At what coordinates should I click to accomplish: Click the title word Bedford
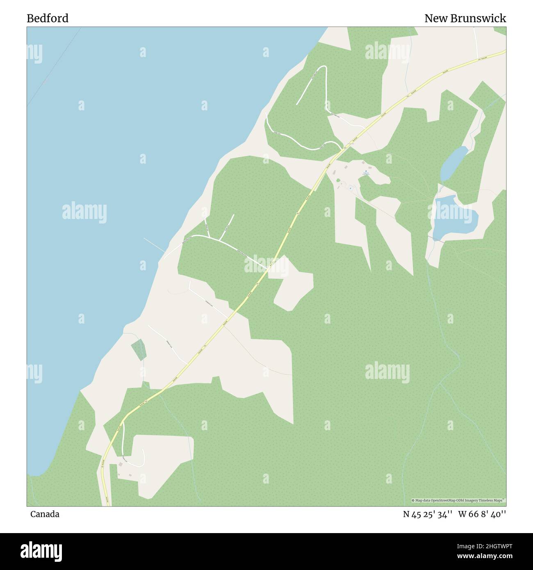48,18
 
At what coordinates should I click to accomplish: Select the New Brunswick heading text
465,18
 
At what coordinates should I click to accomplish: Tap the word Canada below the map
45,514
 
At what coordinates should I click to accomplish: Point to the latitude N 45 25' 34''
428,514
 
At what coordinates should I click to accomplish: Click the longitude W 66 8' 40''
482,514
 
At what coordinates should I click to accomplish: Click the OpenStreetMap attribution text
458,500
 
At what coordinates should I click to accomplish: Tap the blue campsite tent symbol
366,171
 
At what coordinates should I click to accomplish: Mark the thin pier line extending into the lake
154,245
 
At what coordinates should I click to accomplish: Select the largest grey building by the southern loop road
121,464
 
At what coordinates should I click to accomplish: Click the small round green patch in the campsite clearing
338,180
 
